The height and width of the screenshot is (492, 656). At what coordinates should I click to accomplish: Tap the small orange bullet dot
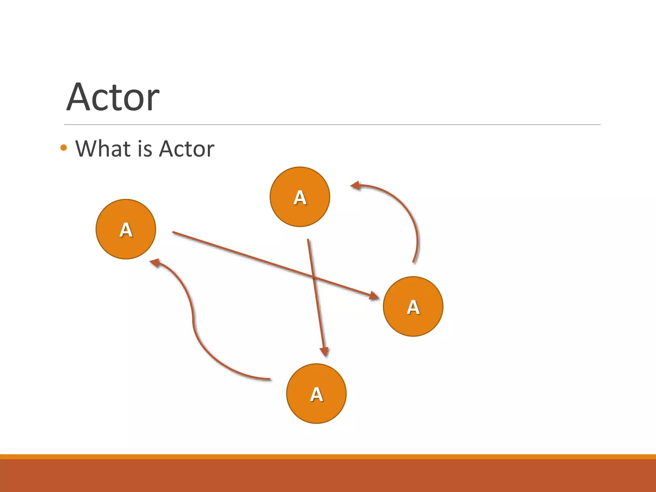[x=63, y=148]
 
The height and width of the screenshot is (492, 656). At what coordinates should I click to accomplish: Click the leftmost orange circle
[x=126, y=229]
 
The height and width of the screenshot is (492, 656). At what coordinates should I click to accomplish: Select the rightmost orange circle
[x=413, y=307]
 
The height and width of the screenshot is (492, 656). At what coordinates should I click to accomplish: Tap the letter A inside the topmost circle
[x=300, y=197]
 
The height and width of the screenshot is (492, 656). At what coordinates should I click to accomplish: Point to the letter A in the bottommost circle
[x=316, y=394]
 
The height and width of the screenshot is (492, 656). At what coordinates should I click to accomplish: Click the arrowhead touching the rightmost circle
[x=374, y=296]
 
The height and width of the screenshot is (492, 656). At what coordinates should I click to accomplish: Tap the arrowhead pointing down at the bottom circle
[x=325, y=352]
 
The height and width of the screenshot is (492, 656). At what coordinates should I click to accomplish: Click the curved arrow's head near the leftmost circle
[x=155, y=263]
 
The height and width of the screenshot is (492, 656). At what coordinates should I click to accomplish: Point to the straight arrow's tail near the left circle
[x=173, y=232]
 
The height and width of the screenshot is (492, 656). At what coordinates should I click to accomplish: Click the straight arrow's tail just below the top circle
[x=308, y=240]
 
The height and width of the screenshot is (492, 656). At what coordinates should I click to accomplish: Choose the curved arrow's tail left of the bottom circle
[x=270, y=379]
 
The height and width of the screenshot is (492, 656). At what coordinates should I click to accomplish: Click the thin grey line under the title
[x=332, y=125]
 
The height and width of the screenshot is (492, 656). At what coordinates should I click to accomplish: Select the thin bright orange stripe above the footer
[x=328, y=456]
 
